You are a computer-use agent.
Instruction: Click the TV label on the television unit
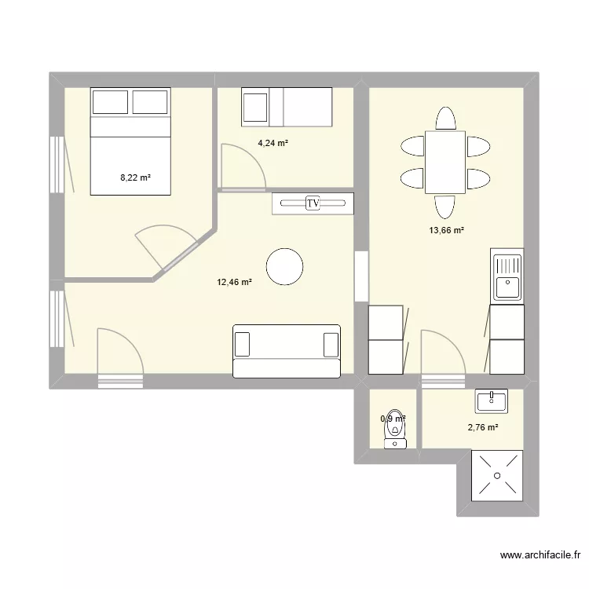point(313,204)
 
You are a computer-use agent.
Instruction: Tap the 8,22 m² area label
point(134,178)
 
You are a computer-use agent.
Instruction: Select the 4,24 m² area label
point(273,143)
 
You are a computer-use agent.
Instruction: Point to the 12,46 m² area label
point(234,282)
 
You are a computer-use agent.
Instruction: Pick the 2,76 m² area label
point(483,428)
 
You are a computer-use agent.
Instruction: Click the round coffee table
point(284,266)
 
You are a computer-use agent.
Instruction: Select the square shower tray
point(496,476)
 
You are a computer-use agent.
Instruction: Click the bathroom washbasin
point(492,401)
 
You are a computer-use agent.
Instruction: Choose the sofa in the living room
point(287,351)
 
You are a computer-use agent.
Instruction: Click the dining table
point(445,163)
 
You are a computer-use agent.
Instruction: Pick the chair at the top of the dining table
point(445,119)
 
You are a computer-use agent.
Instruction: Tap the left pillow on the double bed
point(110,102)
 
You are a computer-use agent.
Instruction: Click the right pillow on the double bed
point(150,102)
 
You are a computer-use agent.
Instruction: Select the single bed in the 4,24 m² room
point(287,107)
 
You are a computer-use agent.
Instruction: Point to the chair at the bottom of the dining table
point(444,207)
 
